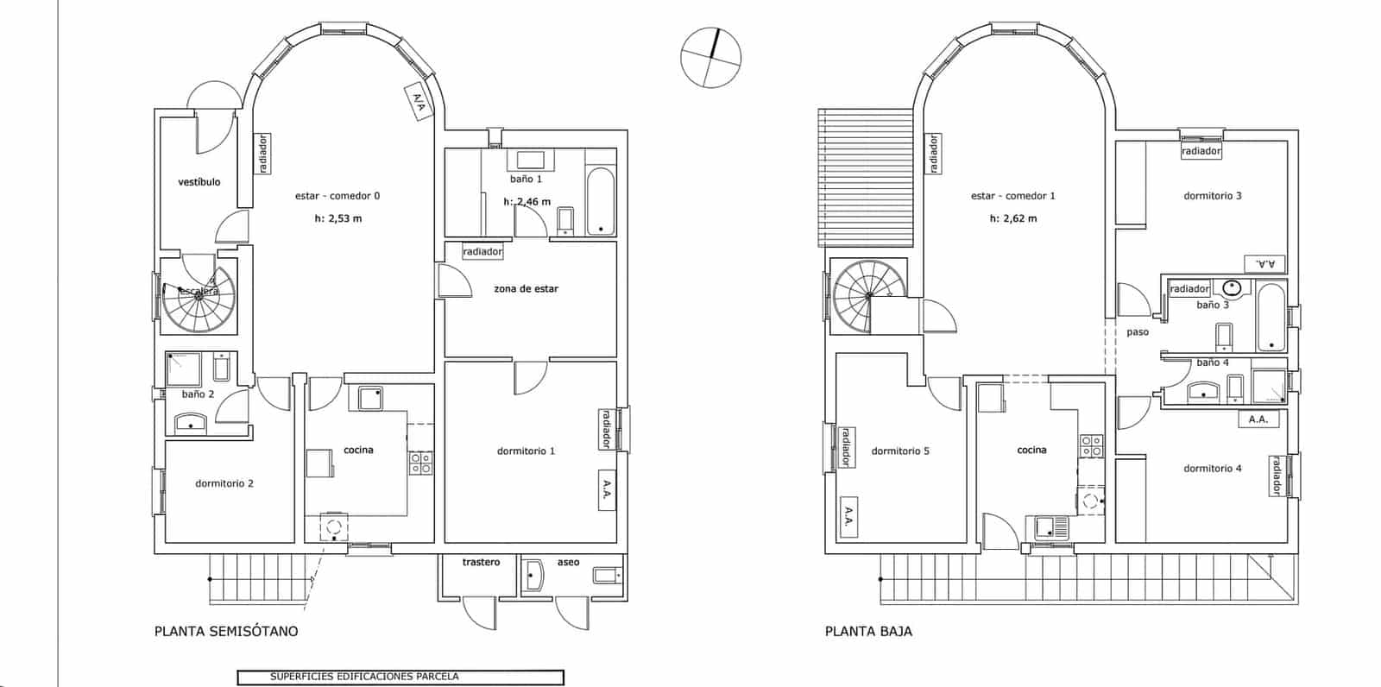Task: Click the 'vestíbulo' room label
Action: click(199, 182)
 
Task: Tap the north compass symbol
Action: click(710, 58)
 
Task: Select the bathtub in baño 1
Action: click(600, 203)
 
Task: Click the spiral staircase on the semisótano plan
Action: click(199, 299)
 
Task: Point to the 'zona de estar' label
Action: click(526, 289)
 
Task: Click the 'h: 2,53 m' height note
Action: click(338, 218)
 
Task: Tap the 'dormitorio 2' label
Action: click(224, 483)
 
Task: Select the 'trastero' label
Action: click(481, 563)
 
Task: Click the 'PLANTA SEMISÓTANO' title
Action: click(226, 631)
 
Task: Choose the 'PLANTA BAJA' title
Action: click(868, 631)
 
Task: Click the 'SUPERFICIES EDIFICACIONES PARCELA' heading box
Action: click(400, 678)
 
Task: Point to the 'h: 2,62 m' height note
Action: click(1013, 218)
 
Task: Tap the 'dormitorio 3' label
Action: click(1212, 196)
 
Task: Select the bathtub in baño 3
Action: click(1271, 318)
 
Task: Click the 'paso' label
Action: click(1138, 332)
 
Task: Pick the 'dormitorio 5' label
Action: click(900, 451)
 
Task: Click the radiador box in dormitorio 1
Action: click(605, 429)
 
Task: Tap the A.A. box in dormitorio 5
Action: click(848, 517)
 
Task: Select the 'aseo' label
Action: click(568, 563)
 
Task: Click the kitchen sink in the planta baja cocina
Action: click(1048, 527)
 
